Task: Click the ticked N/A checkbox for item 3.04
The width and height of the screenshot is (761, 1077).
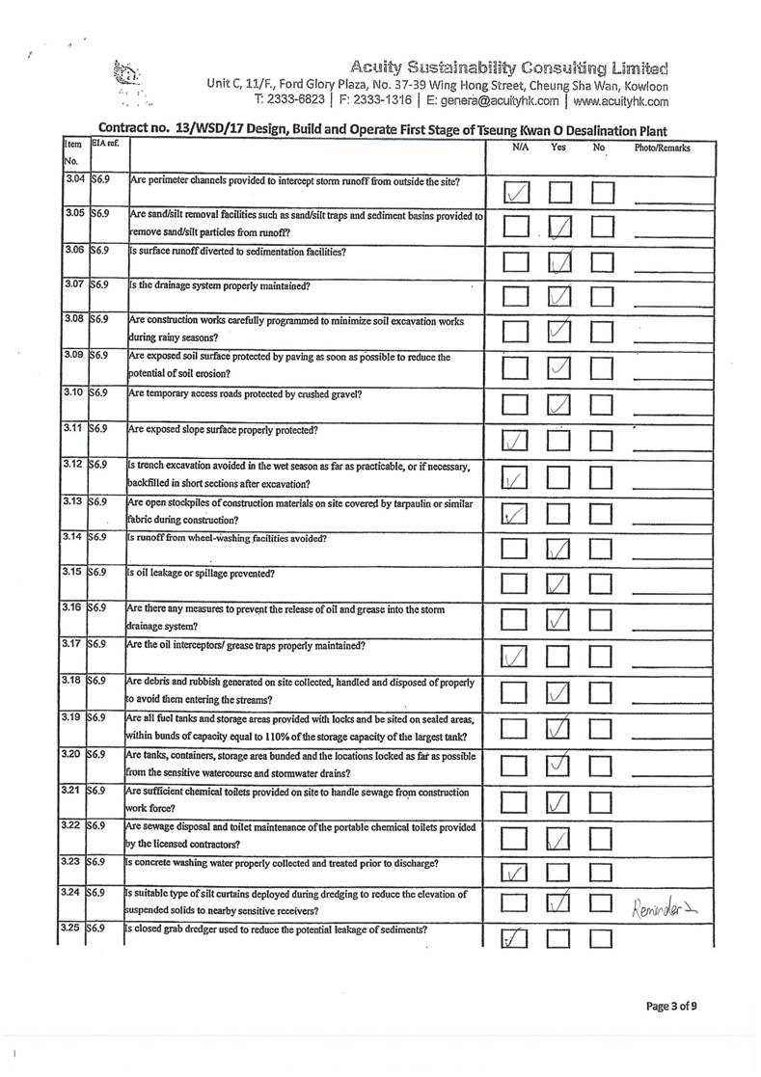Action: (517, 193)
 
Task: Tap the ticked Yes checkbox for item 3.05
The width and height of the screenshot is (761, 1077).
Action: (560, 228)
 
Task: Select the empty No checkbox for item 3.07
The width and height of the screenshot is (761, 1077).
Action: (603, 296)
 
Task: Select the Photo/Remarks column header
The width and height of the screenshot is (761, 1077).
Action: (662, 148)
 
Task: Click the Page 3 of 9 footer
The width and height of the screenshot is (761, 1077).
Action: (671, 1007)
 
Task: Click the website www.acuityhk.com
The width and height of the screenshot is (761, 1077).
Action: (620, 100)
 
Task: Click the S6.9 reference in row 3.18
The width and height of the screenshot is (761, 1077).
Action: (99, 682)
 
